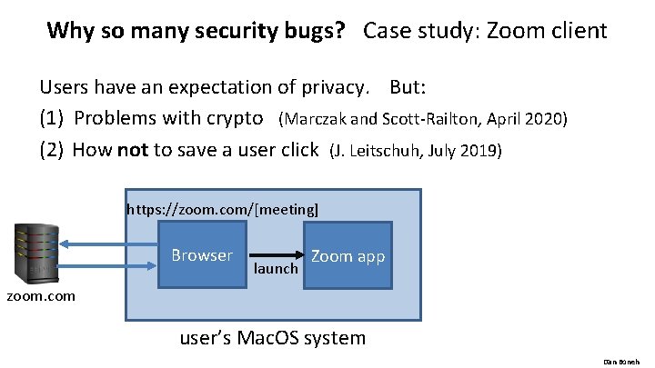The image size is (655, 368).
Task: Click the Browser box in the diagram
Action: [202, 255]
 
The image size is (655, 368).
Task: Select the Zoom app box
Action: [348, 256]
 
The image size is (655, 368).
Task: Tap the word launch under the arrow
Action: [276, 269]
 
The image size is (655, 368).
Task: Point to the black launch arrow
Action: [276, 255]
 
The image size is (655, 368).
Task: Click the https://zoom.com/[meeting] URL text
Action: [223, 209]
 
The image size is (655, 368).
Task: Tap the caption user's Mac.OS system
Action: [273, 339]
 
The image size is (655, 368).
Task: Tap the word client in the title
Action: [575, 31]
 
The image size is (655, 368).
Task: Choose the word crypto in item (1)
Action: [237, 118]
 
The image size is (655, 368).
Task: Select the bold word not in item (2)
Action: [133, 149]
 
